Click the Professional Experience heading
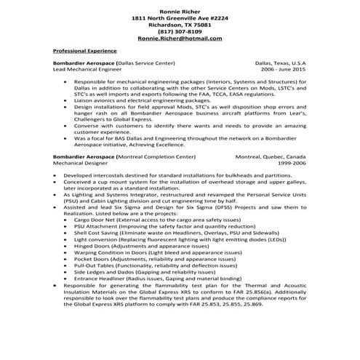tap(84, 52)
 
